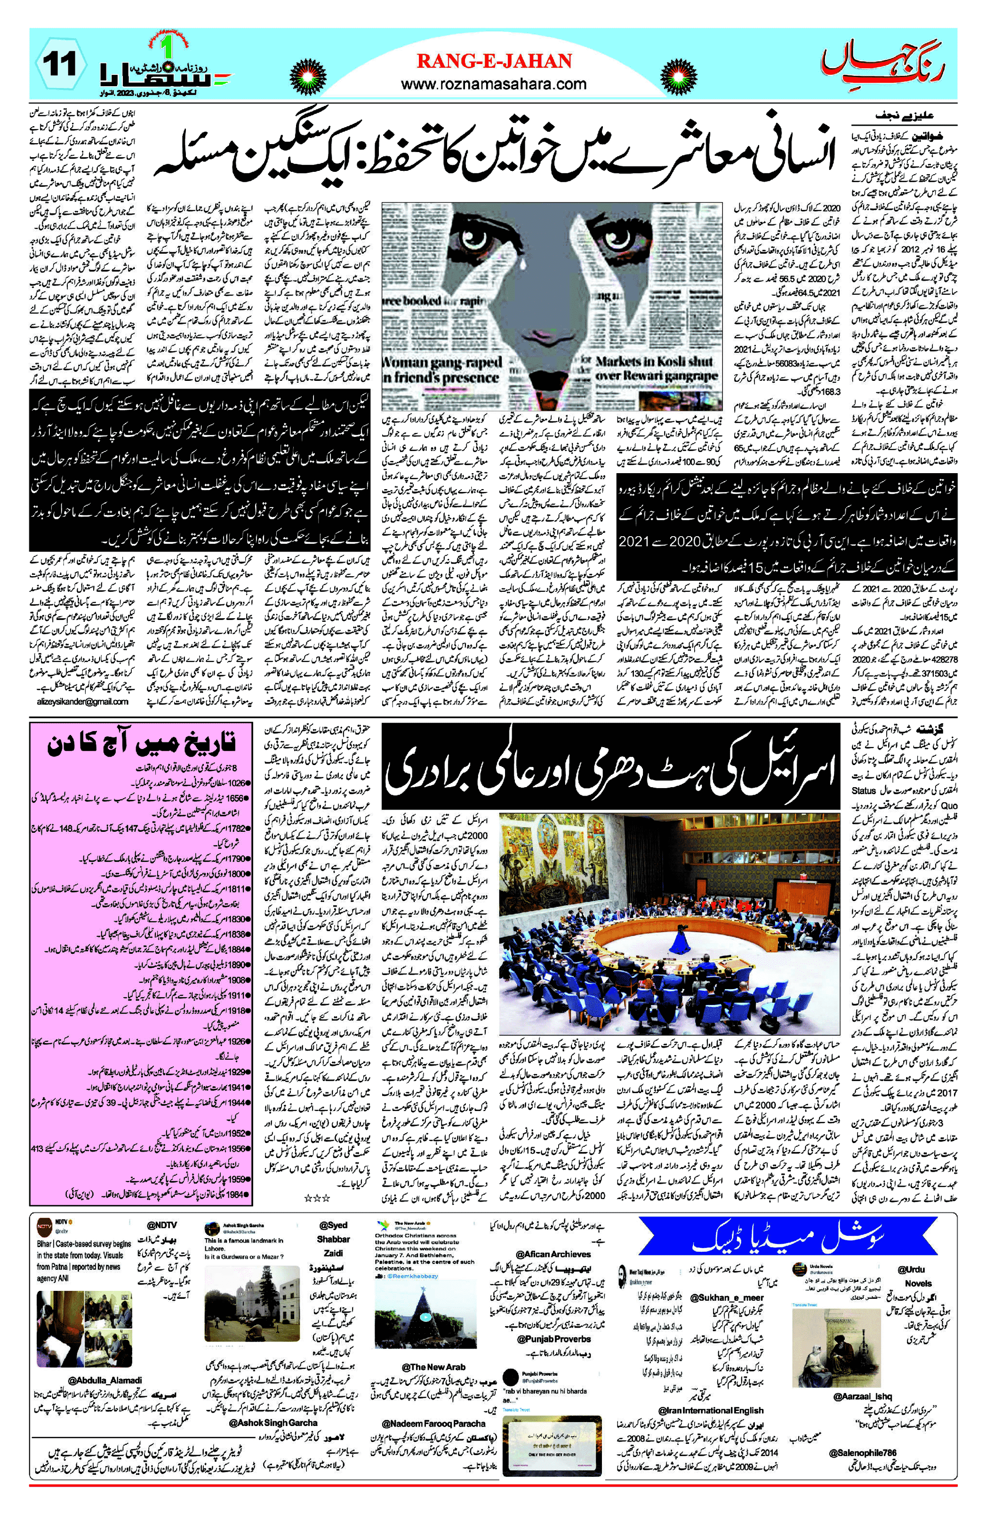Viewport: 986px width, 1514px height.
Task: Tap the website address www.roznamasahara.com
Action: click(x=494, y=83)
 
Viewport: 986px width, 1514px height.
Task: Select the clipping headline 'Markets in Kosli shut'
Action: click(x=655, y=362)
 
